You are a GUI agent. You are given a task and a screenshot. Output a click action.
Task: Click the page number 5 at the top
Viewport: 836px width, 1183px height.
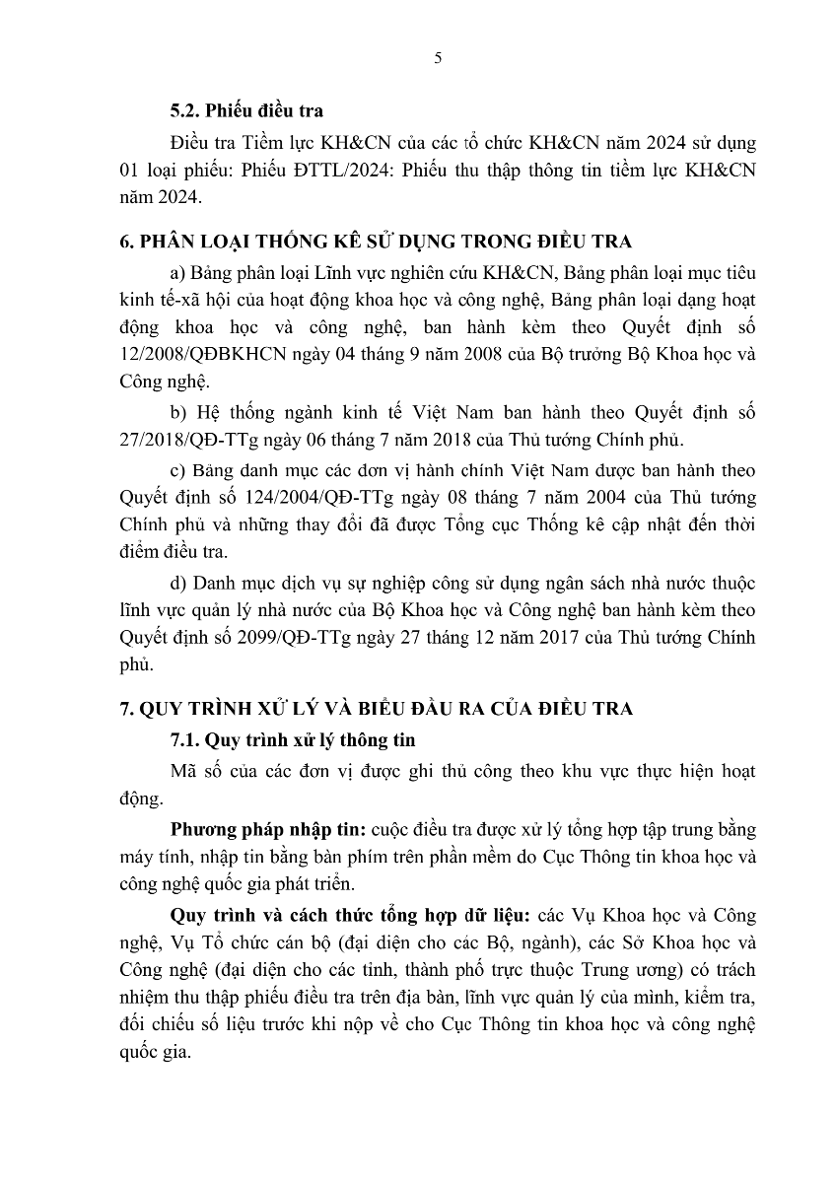click(x=438, y=58)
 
